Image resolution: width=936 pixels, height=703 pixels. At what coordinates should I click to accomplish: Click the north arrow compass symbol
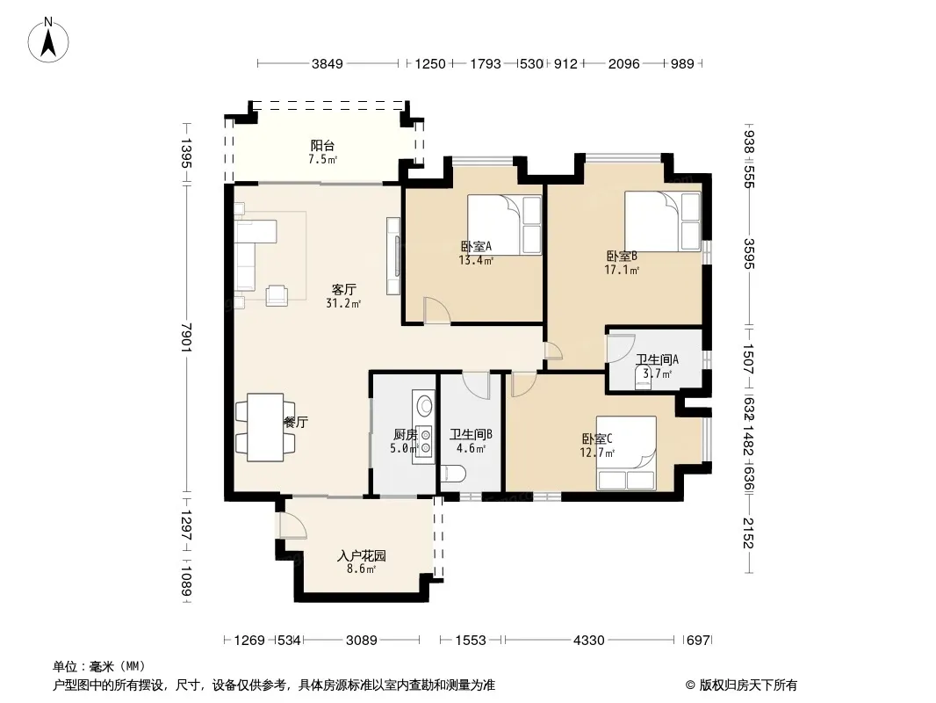(48, 40)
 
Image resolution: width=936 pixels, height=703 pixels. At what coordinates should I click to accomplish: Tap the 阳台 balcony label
(322, 145)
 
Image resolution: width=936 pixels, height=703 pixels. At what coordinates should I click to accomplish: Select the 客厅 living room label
(344, 290)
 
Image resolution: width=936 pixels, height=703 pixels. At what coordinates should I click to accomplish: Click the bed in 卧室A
(504, 225)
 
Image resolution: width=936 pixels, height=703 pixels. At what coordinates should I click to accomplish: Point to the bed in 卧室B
(663, 221)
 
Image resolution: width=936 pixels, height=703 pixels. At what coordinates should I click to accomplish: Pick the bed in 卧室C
(626, 453)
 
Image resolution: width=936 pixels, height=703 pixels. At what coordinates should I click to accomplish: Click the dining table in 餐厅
(265, 427)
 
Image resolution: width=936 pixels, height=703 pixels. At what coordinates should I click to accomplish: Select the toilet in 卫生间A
(644, 379)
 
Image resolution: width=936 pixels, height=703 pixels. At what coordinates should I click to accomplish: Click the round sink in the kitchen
(424, 406)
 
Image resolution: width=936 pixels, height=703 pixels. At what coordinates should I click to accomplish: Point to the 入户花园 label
(361, 556)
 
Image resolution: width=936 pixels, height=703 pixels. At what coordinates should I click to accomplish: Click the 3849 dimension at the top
(328, 63)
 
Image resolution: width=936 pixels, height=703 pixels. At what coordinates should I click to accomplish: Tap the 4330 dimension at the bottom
(588, 641)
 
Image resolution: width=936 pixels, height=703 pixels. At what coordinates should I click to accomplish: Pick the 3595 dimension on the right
(749, 254)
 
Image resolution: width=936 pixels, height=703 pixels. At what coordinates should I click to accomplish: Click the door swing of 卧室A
(437, 310)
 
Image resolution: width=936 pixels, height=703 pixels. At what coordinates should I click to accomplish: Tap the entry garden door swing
(293, 525)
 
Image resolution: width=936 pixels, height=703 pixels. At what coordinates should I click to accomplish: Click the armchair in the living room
(277, 295)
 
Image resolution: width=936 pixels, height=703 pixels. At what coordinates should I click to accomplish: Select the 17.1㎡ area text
(622, 270)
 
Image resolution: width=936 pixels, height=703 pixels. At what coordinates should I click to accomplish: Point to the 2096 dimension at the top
(623, 63)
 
